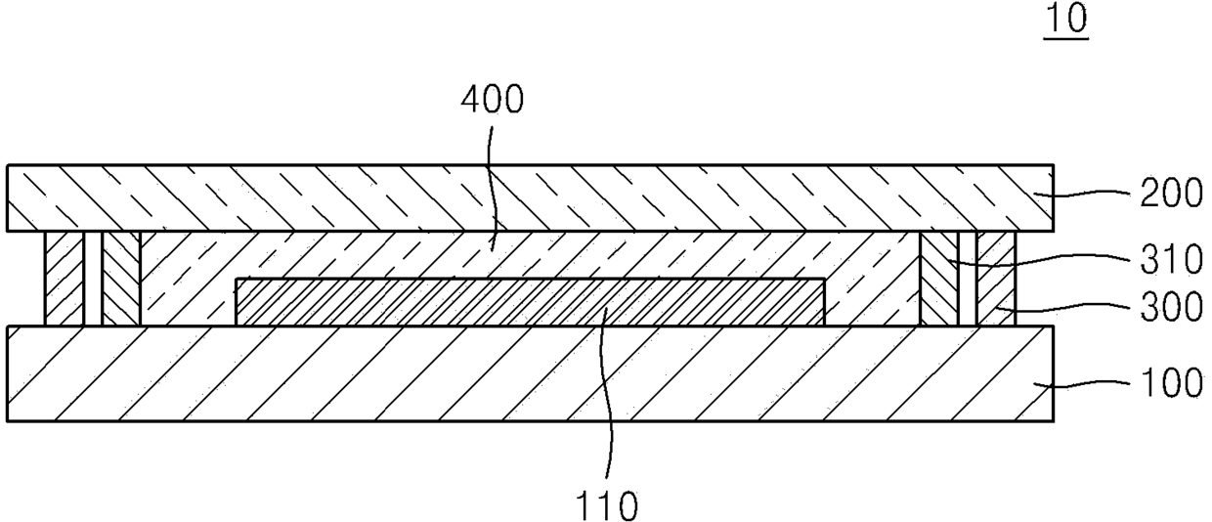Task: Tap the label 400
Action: coord(493,100)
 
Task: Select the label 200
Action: coord(1171,194)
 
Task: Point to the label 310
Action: coord(1171,260)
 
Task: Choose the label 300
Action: coord(1171,307)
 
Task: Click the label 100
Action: coord(1171,383)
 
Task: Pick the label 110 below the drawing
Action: coord(606,506)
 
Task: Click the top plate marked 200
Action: coord(530,198)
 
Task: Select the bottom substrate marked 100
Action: coord(530,373)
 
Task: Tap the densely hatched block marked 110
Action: coord(530,302)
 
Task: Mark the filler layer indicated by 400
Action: coord(530,254)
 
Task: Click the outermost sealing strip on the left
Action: coord(65,279)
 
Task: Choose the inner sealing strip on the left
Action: coord(121,279)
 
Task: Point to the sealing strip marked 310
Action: coord(938,279)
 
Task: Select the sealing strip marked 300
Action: coord(996,279)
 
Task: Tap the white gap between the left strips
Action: coord(93,279)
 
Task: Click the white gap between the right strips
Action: coord(968,279)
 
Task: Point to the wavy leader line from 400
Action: coord(490,190)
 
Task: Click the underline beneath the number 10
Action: coord(1066,38)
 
